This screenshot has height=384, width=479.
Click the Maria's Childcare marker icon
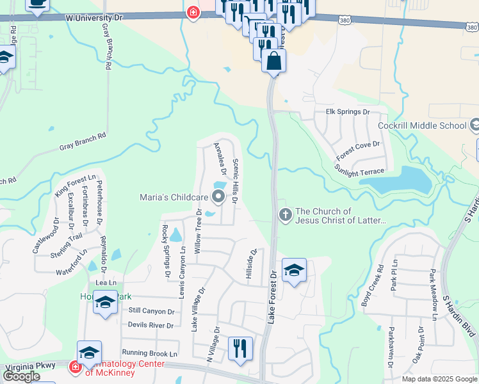coord(218,197)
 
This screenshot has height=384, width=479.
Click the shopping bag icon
coord(273,61)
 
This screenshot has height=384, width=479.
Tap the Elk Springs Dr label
coord(348,112)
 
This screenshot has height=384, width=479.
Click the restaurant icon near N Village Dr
coord(240,348)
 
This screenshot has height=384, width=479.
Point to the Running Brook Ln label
coord(149,353)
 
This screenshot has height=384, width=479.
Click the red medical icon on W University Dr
coord(193,12)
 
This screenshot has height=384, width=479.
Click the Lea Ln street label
coord(106,283)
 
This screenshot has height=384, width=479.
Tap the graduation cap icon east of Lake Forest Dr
coord(294,270)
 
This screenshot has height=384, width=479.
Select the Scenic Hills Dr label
coord(235,182)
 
